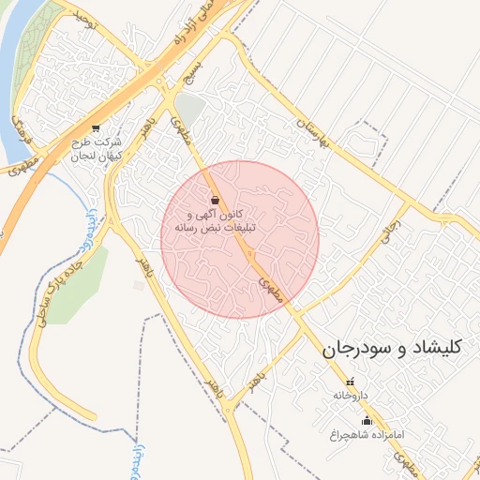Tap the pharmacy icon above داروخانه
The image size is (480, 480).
tap(351, 382)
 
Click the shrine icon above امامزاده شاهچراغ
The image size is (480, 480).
tap(367, 420)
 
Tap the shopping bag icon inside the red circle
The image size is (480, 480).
tap(217, 200)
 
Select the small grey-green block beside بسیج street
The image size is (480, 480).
tap(190, 111)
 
